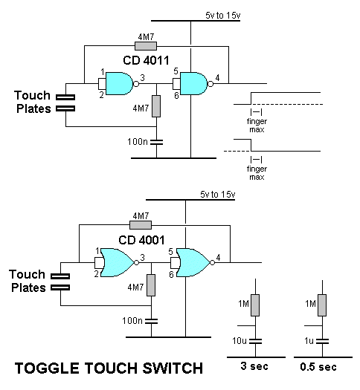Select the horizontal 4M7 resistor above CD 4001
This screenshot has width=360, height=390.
140,225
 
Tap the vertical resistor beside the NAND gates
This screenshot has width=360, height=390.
156,106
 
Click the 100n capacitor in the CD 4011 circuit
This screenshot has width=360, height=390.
156,140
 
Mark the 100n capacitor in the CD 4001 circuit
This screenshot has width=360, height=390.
151,320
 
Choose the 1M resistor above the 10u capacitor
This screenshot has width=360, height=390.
255,305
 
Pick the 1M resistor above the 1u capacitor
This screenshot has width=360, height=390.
321,305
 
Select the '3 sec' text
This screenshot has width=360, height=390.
255,368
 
